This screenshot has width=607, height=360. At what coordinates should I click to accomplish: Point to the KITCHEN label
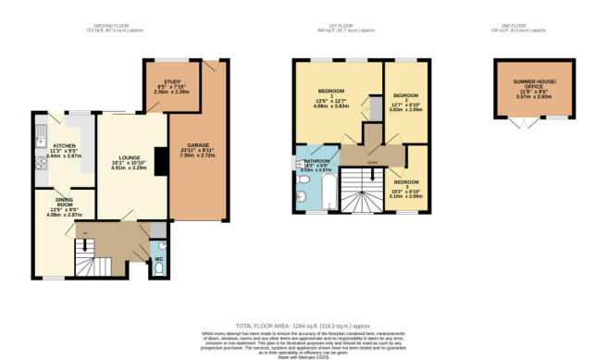64,146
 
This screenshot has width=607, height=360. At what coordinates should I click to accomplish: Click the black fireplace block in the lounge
158,163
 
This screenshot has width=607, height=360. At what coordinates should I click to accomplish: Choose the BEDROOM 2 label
406,95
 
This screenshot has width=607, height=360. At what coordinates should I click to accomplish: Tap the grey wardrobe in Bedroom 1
376,110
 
